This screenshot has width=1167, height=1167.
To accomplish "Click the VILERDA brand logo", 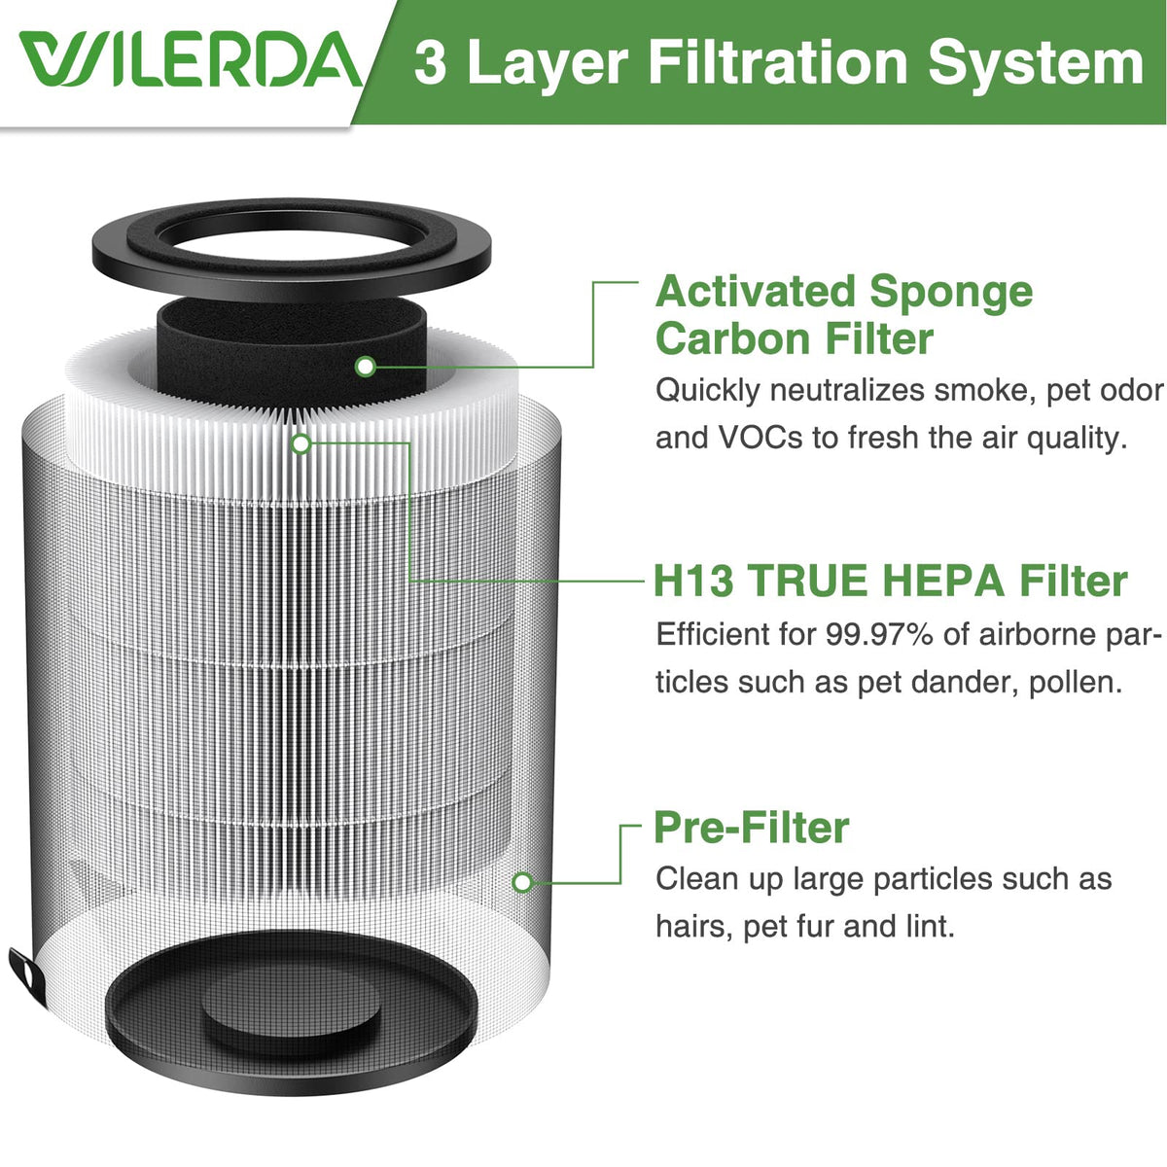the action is click(x=191, y=59).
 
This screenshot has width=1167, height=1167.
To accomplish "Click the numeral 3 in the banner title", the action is click(x=431, y=62).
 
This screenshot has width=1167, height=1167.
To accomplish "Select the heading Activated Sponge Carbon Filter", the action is click(x=844, y=314).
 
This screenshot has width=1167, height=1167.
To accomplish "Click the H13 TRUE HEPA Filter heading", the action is click(x=891, y=581).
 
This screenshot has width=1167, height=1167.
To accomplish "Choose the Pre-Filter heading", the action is click(x=752, y=828).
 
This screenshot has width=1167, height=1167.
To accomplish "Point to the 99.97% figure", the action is click(x=879, y=635).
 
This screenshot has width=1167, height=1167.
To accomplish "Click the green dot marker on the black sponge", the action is click(x=366, y=367).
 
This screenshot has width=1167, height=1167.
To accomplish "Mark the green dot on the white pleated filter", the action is click(x=301, y=443).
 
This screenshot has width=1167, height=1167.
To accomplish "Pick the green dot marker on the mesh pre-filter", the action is click(x=522, y=882).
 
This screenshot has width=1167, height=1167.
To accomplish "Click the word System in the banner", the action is click(x=1035, y=63).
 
